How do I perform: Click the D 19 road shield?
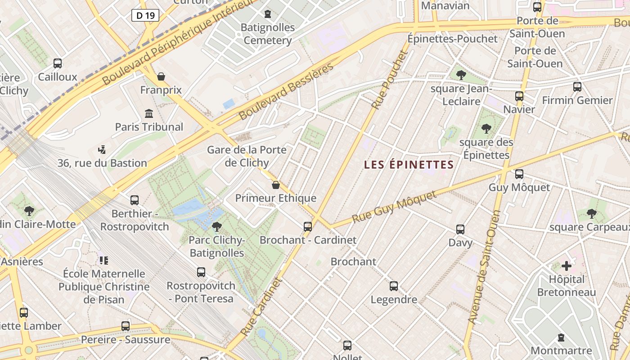click(x=145, y=15)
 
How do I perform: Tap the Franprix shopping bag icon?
click(x=161, y=76)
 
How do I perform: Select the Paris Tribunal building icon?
click(x=149, y=113)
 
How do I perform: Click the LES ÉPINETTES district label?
click(x=409, y=165)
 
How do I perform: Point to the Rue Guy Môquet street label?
click(x=394, y=207)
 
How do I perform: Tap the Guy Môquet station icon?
click(x=519, y=174)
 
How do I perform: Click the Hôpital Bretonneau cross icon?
click(x=567, y=266)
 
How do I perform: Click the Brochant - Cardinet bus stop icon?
click(x=308, y=227)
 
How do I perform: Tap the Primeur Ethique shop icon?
click(x=276, y=185)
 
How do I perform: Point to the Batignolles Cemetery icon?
click(x=268, y=14)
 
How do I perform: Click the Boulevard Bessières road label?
click(x=286, y=91)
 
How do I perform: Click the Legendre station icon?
click(x=394, y=286)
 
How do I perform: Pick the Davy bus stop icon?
click(x=460, y=229)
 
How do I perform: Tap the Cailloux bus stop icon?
click(x=58, y=63)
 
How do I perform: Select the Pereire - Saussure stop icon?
click(x=126, y=326)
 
